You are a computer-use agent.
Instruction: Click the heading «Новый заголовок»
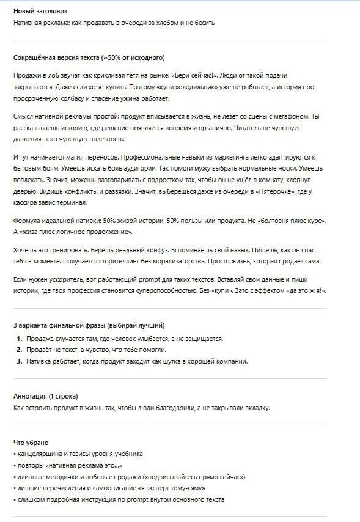(x=40, y=11)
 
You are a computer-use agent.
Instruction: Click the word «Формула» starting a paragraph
(x=28, y=220)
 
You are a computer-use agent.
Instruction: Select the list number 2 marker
(x=20, y=350)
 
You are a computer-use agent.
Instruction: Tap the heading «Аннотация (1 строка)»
(x=46, y=395)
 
